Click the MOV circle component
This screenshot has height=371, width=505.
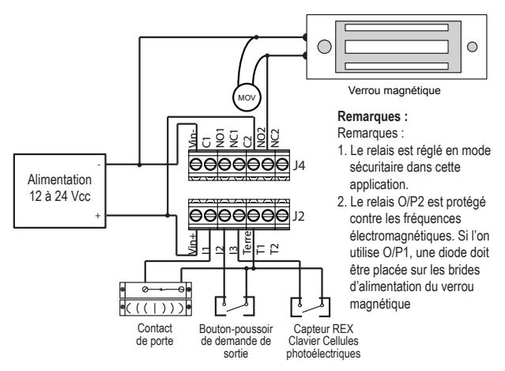pyautogui.click(x=247, y=97)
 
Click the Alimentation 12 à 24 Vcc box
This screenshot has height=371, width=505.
pyautogui.click(x=59, y=191)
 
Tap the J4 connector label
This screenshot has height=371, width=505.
pyautogui.click(x=299, y=165)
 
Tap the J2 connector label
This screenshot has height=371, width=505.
pyautogui.click(x=299, y=216)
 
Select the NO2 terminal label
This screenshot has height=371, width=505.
pyautogui.click(x=262, y=138)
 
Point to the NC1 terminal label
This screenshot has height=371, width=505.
pyautogui.click(x=233, y=138)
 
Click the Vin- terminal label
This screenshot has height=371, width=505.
pyautogui.click(x=192, y=137)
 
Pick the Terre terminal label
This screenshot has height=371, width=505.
pyautogui.click(x=247, y=243)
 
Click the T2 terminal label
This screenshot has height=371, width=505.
pyautogui.click(x=274, y=249)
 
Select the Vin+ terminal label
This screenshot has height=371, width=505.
pyautogui.click(x=192, y=244)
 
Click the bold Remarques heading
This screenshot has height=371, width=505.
pyautogui.click(x=372, y=116)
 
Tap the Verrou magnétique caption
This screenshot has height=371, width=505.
pyautogui.click(x=394, y=90)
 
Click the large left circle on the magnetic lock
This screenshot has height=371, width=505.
pyautogui.click(x=324, y=47)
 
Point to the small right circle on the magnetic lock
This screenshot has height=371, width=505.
pyautogui.click(x=472, y=47)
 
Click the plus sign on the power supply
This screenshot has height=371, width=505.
pyautogui.click(x=98, y=216)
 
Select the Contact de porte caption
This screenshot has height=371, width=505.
pyautogui.click(x=155, y=335)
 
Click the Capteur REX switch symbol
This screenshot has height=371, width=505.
pyautogui.click(x=311, y=307)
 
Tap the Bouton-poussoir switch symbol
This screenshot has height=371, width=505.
pyautogui.click(x=235, y=306)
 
